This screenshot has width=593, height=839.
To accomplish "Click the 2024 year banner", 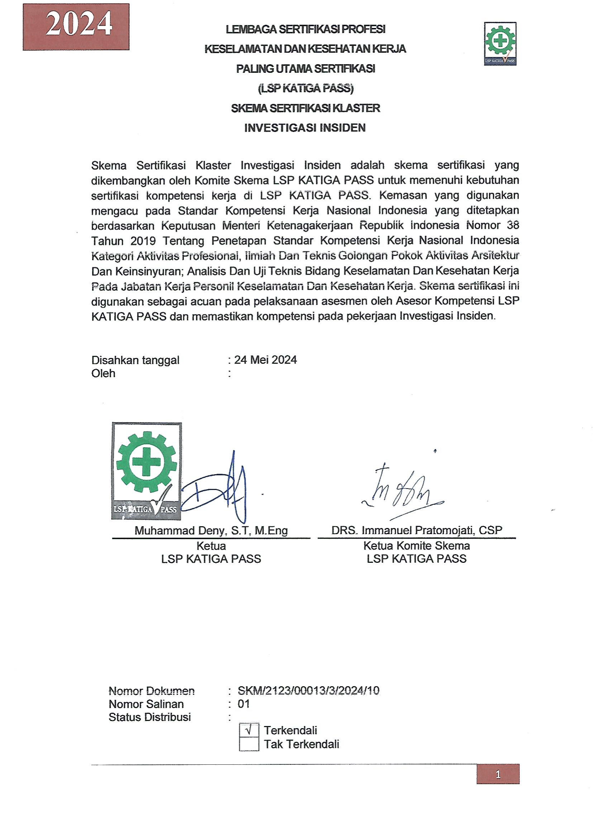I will click(x=76, y=27).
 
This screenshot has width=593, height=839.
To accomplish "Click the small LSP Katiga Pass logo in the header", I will click(x=500, y=44).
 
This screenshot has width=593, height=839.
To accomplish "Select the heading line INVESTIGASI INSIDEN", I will click(x=305, y=128).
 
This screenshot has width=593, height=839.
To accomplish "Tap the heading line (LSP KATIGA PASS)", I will click(x=305, y=89).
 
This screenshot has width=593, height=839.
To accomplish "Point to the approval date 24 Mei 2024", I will click(x=265, y=360).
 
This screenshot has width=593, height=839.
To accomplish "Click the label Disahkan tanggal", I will click(x=135, y=360).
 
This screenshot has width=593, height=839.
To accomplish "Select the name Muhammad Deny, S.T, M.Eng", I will click(x=211, y=530).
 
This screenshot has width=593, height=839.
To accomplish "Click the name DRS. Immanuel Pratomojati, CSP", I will click(x=417, y=530).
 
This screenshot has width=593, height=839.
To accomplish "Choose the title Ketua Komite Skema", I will click(x=417, y=546).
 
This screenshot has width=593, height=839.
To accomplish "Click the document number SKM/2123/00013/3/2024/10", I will click(x=309, y=690).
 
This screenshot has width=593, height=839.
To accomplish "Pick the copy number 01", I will click(x=243, y=704).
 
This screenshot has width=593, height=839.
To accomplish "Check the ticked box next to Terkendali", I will click(x=249, y=730).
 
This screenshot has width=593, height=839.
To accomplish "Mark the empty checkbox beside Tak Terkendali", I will click(x=249, y=744).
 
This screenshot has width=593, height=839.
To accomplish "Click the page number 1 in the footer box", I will click(x=498, y=774).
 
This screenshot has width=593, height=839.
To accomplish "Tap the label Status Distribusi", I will click(x=150, y=717).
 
